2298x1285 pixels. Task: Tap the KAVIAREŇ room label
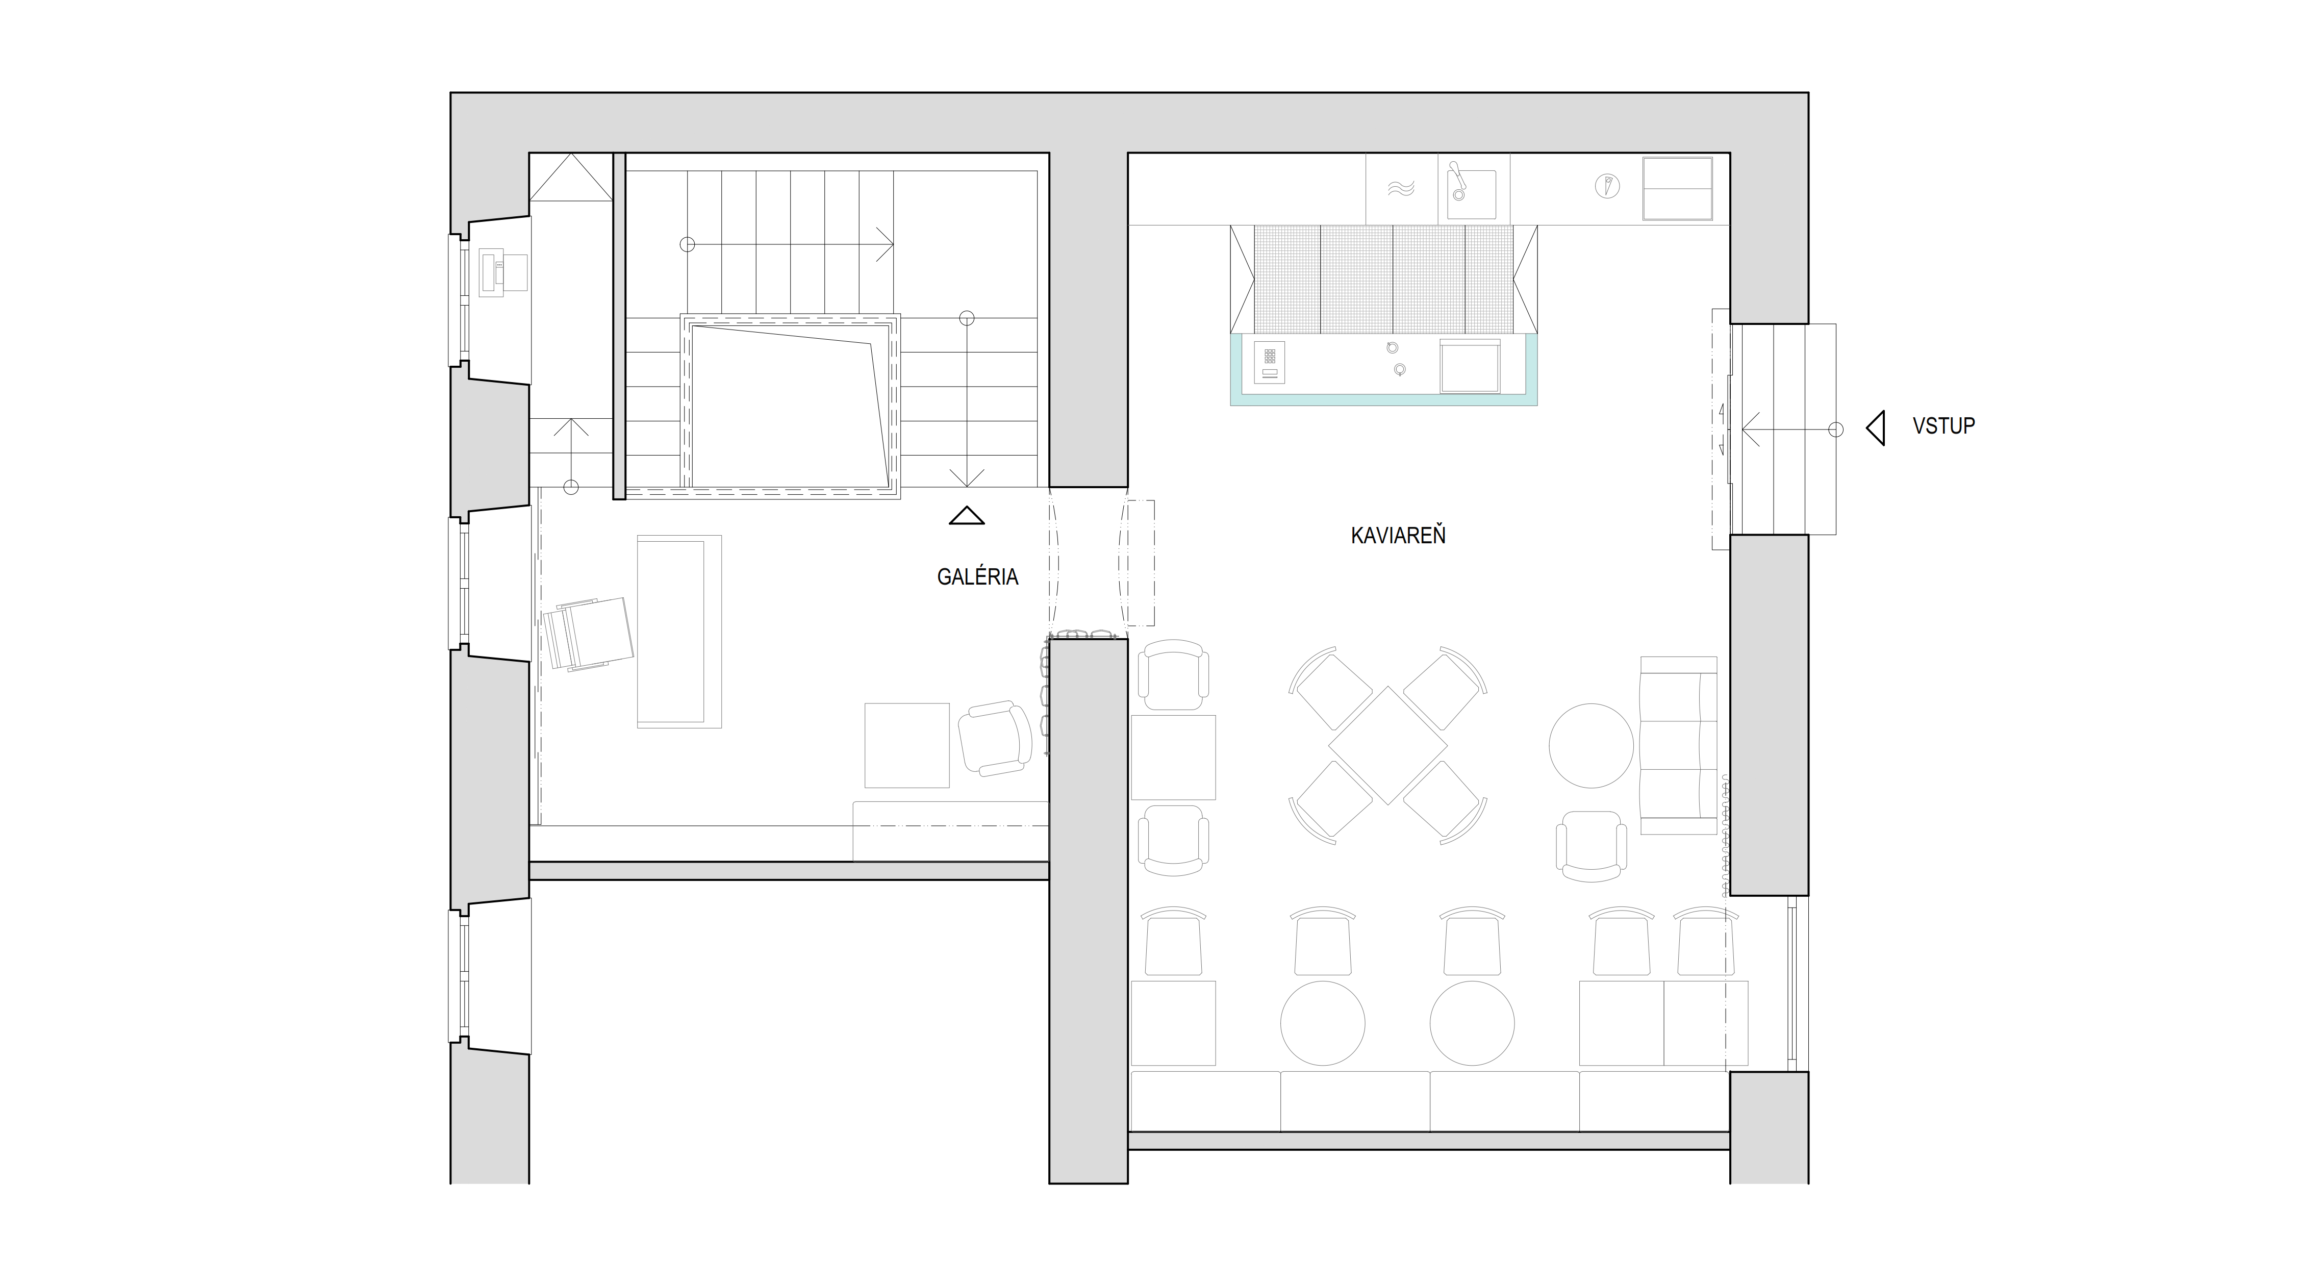pos(1398,536)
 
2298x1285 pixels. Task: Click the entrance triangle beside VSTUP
pos(1875,429)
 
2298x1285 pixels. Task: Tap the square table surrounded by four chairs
pos(1388,745)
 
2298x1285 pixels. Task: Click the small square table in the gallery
pos(906,745)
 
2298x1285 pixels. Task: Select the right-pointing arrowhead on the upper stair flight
pos(884,244)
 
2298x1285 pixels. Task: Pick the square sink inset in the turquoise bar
pos(1469,366)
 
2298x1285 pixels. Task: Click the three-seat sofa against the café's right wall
pos(1679,745)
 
